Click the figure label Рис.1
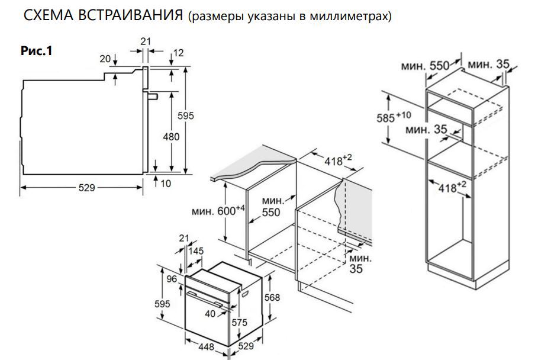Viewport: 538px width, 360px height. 37,52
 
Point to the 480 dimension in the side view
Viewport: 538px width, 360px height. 171,137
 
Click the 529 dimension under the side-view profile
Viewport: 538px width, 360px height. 86,188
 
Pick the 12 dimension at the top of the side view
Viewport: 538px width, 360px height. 178,53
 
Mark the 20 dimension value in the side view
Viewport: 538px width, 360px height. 105,58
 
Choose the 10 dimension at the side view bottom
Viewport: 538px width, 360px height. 165,184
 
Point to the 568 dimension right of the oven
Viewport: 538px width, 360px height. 272,298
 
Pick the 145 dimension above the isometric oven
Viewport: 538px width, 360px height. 195,251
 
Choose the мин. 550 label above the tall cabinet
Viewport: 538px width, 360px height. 426,65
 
